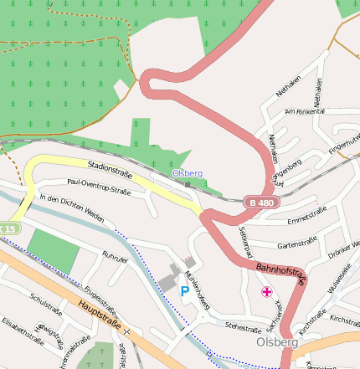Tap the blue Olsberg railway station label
click(187, 173)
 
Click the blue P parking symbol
click(184, 290)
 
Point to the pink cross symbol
click(266, 291)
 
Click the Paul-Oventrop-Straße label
click(98, 191)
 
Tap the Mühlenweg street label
click(198, 288)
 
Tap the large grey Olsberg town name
click(277, 342)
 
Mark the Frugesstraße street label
click(100, 293)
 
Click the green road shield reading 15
click(8, 228)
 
